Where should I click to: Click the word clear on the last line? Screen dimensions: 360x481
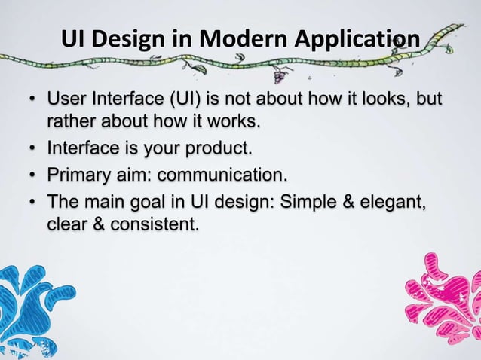pos(66,224)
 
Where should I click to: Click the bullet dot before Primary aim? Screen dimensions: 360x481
pos(32,178)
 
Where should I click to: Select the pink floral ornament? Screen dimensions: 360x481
pos(445,297)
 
